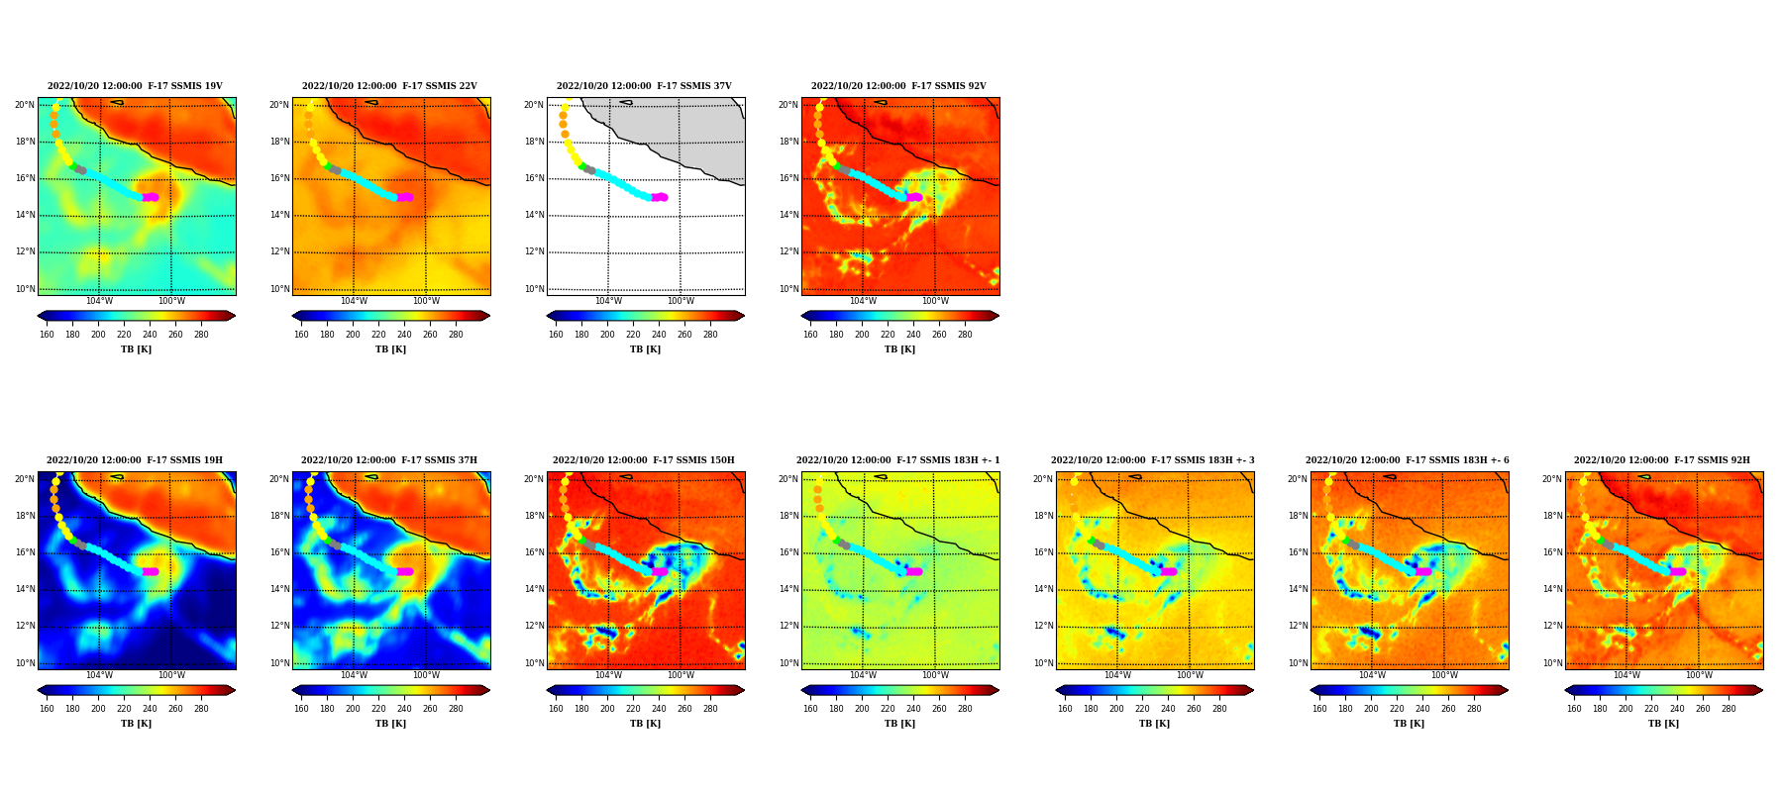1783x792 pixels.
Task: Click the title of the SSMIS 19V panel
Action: (135, 86)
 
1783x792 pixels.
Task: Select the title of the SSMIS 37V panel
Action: (644, 86)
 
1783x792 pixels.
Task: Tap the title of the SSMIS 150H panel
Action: (644, 460)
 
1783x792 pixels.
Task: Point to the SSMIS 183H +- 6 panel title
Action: (1408, 460)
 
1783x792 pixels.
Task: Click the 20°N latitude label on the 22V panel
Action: (279, 105)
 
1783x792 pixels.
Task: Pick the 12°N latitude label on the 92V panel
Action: (788, 251)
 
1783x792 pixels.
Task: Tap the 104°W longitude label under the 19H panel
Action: (99, 675)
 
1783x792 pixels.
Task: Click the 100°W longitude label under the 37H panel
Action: (426, 675)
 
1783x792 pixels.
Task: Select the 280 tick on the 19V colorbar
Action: (201, 335)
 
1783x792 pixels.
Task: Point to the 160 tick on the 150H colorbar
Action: (556, 709)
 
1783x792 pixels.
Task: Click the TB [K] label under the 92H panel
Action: (1663, 724)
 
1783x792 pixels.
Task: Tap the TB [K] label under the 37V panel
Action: (645, 349)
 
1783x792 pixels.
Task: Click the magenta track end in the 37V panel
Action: (660, 197)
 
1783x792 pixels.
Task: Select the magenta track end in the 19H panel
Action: (151, 571)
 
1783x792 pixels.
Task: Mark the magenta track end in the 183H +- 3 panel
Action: (1169, 571)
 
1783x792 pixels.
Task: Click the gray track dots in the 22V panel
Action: (335, 170)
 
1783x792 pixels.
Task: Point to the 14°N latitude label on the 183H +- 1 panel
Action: (788, 589)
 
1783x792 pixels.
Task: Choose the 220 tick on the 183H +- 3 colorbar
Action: (1142, 709)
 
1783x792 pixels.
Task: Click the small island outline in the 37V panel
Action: (625, 102)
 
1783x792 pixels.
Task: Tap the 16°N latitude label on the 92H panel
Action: (1552, 552)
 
